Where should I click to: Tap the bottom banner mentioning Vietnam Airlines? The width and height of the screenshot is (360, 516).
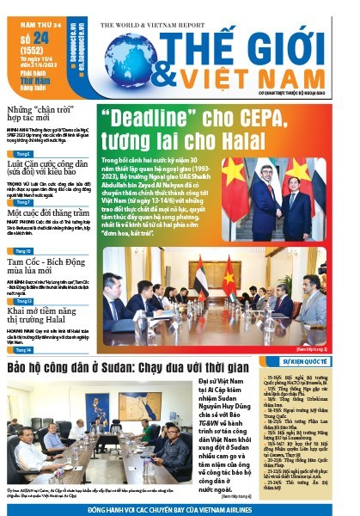[180, 509]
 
